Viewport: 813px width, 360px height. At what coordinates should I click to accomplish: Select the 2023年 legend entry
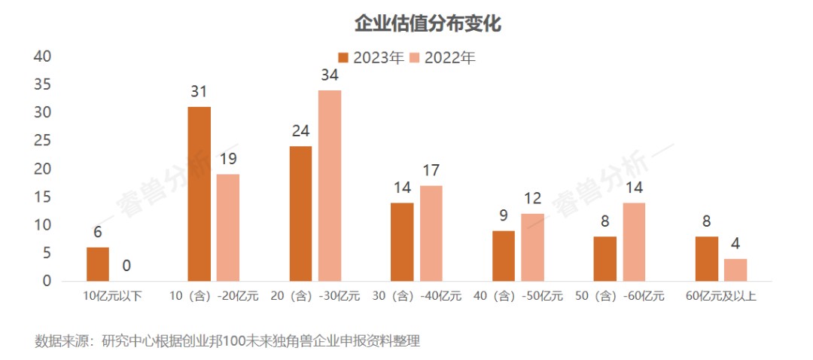pyautogui.click(x=371, y=58)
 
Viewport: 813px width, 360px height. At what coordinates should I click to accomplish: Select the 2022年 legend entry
pyautogui.click(x=443, y=58)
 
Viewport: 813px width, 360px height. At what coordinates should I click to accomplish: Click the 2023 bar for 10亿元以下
pyautogui.click(x=98, y=264)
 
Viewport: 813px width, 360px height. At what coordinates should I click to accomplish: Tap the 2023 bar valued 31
pyautogui.click(x=199, y=194)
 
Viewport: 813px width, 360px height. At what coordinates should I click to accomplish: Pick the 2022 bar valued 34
pyautogui.click(x=330, y=185)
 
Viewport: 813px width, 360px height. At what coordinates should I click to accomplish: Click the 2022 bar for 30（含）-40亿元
pyautogui.click(x=431, y=233)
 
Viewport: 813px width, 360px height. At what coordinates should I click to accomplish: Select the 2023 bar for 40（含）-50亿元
pyautogui.click(x=504, y=256)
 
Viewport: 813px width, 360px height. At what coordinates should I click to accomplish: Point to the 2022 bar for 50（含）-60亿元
pyautogui.click(x=634, y=242)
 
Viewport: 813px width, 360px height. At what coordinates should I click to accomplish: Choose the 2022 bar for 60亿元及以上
pyautogui.click(x=735, y=270)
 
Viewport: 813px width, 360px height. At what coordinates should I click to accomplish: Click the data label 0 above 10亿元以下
pyautogui.click(x=126, y=265)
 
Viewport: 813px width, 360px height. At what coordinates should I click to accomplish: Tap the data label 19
pyautogui.click(x=228, y=159)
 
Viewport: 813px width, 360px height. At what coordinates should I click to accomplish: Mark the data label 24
pyautogui.click(x=300, y=131)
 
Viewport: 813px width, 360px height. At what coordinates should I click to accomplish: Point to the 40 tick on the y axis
pyautogui.click(x=43, y=56)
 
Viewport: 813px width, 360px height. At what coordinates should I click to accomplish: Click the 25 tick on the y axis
pyautogui.click(x=43, y=141)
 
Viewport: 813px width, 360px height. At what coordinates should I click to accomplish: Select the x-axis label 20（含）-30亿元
pyautogui.click(x=315, y=297)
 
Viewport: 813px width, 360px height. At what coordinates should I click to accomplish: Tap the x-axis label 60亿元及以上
pyautogui.click(x=720, y=297)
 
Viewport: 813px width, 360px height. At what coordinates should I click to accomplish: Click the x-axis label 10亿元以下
pyautogui.click(x=112, y=297)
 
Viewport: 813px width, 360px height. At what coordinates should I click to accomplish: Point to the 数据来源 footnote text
pyautogui.click(x=227, y=341)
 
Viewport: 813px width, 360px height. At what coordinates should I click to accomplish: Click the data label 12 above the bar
pyautogui.click(x=533, y=199)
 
